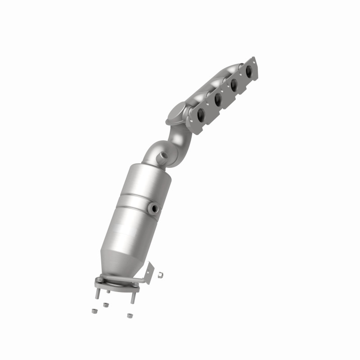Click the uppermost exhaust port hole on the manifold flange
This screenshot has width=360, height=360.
(248, 71)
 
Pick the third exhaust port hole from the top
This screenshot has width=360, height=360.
(217, 99)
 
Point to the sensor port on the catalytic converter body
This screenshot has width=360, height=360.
(155, 208)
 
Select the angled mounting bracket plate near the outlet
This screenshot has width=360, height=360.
(148, 273)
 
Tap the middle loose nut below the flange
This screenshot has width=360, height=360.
(106, 305)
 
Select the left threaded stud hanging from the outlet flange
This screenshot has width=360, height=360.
(97, 292)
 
